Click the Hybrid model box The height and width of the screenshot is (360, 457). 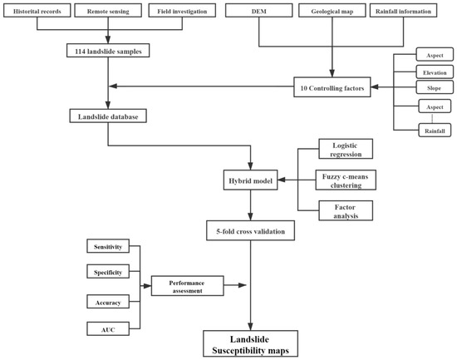point(249,178)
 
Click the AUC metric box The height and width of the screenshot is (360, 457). point(109,330)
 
